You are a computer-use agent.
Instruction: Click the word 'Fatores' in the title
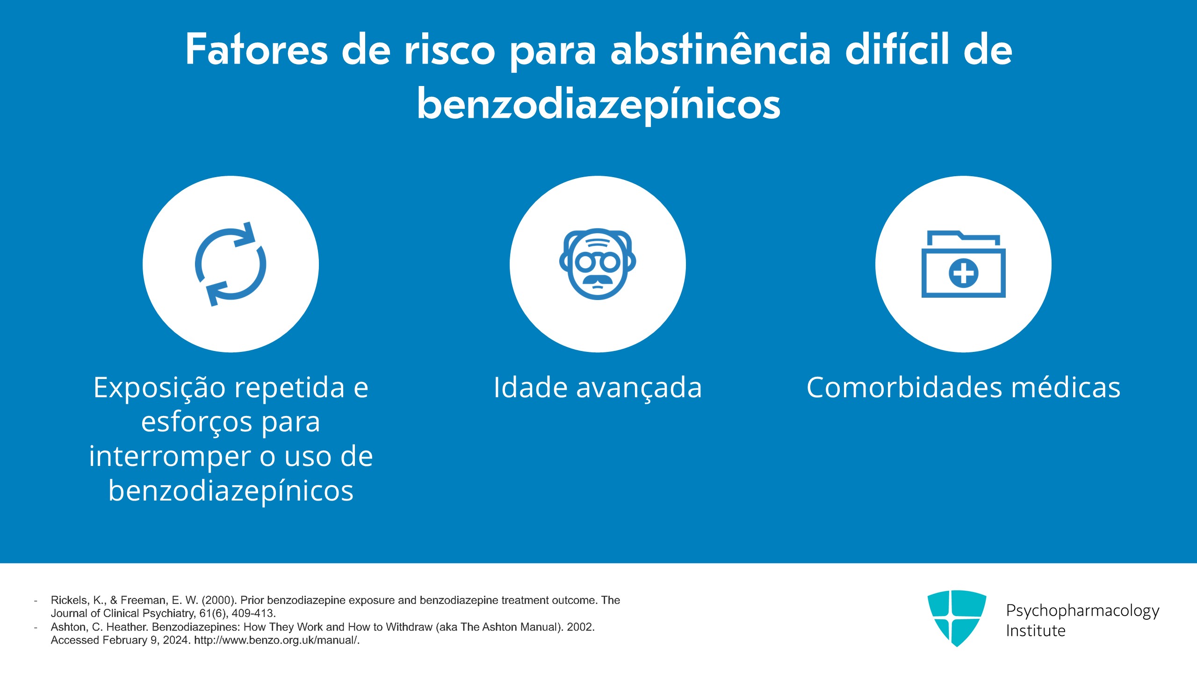point(256,50)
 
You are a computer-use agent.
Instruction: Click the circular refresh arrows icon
point(231,264)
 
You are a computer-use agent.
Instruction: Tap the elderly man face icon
point(598,264)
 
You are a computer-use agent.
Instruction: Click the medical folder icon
point(963,264)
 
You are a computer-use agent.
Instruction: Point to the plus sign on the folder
point(963,273)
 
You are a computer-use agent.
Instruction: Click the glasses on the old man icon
point(598,263)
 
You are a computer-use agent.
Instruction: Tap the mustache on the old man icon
point(598,280)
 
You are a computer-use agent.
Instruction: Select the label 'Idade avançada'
point(598,388)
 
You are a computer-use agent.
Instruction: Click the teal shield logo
point(957,618)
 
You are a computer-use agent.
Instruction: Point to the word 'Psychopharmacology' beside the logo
point(1082,611)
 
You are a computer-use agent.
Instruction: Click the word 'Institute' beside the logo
point(1036,631)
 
